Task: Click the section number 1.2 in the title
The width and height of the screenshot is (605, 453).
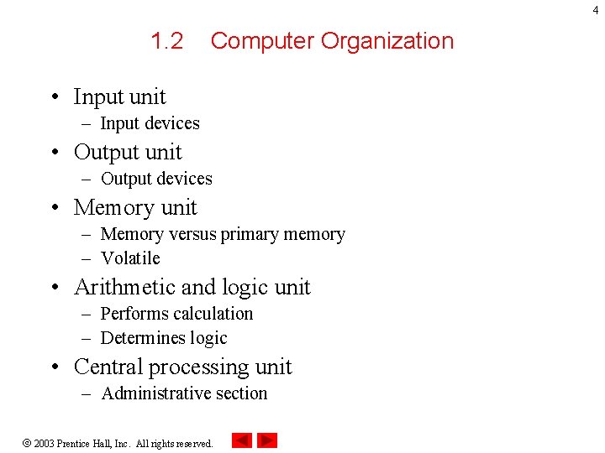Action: click(166, 41)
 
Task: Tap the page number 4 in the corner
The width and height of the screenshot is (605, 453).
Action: click(597, 9)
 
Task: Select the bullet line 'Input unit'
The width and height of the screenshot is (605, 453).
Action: click(119, 97)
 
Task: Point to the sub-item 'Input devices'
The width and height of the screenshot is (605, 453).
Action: click(150, 123)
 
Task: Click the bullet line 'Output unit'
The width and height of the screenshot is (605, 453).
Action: click(128, 153)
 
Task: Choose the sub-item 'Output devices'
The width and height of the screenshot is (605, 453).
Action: click(156, 179)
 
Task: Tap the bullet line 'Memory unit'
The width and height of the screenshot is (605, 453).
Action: click(135, 208)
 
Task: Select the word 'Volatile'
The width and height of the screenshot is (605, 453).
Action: click(130, 258)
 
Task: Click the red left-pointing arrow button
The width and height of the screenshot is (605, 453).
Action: click(241, 440)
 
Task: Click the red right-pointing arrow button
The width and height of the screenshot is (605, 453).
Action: click(267, 440)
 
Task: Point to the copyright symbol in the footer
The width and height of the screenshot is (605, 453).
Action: click(26, 443)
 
